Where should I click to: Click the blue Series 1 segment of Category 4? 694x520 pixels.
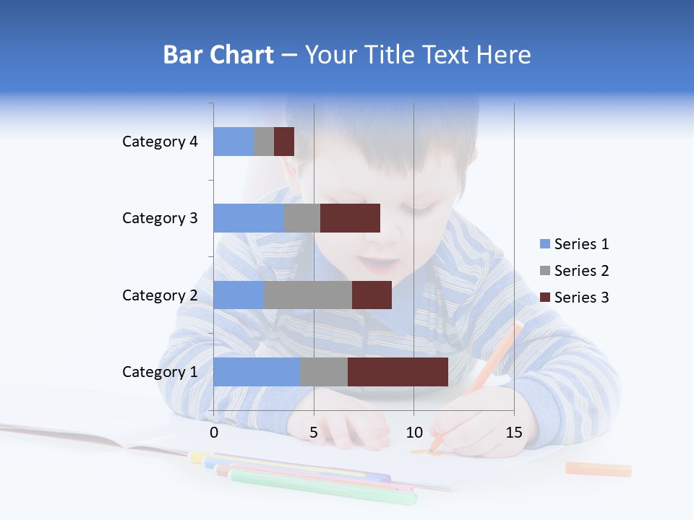[x=234, y=142]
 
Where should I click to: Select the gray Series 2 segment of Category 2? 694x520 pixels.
[x=307, y=295]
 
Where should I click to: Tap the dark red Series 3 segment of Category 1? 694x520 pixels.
[x=398, y=372]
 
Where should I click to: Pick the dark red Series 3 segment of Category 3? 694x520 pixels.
[x=350, y=218]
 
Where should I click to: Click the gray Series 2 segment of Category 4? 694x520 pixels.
[x=264, y=142]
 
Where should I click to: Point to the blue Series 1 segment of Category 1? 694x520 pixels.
[x=256, y=372]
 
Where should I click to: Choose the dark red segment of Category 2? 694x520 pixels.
[x=372, y=295]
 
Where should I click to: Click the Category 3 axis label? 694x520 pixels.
[x=160, y=218]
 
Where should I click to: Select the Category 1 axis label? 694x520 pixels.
[x=160, y=372]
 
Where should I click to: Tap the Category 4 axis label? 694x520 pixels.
[x=160, y=142]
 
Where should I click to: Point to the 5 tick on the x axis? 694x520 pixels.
[x=314, y=433]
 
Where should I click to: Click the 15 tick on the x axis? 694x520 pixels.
[x=514, y=433]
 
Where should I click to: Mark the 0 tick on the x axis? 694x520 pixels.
[x=214, y=433]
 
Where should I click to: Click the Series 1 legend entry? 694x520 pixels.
[x=574, y=244]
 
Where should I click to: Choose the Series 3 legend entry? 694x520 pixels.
[x=574, y=298]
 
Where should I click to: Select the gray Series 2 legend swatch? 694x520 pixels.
[x=544, y=271]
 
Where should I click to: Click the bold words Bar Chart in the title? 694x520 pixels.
[x=218, y=55]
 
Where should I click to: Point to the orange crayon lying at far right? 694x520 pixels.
[x=599, y=469]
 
